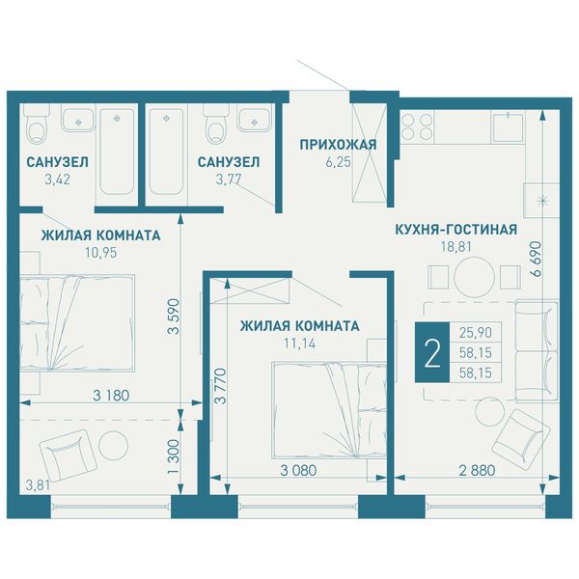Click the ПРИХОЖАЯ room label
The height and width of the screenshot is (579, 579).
click(338, 145)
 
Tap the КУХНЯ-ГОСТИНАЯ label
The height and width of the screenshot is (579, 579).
click(456, 230)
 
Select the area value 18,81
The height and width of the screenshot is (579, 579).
click(456, 247)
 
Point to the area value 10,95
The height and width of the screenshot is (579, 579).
click(100, 253)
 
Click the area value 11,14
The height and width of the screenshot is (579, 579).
click(299, 344)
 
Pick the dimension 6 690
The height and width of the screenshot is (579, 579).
click(535, 259)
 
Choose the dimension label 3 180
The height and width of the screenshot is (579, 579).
click(111, 396)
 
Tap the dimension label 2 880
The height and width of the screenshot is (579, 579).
click(477, 471)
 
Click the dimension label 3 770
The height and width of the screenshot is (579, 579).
click(221, 385)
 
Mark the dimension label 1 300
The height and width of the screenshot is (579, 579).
click(173, 457)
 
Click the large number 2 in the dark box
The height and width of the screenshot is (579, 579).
click(432, 352)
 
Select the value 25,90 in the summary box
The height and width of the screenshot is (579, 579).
click(476, 333)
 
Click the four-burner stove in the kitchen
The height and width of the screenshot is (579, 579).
click(417, 126)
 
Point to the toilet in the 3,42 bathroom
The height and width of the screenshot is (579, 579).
click(37, 124)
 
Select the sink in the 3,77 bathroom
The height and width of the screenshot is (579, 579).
click(254, 120)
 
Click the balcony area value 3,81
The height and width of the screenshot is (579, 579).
click(38, 484)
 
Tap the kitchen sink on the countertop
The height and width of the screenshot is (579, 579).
click(509, 127)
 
